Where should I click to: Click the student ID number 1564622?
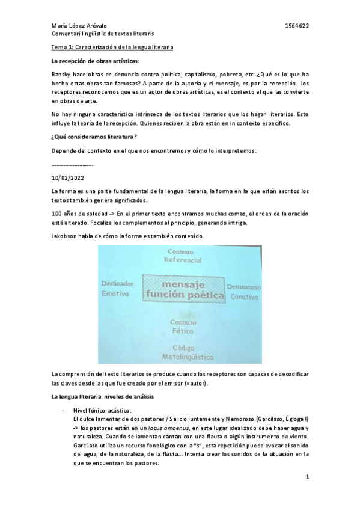(297, 26)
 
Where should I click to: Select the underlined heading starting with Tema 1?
(112, 47)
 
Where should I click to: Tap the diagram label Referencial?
(184, 260)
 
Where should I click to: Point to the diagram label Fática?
(182, 331)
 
